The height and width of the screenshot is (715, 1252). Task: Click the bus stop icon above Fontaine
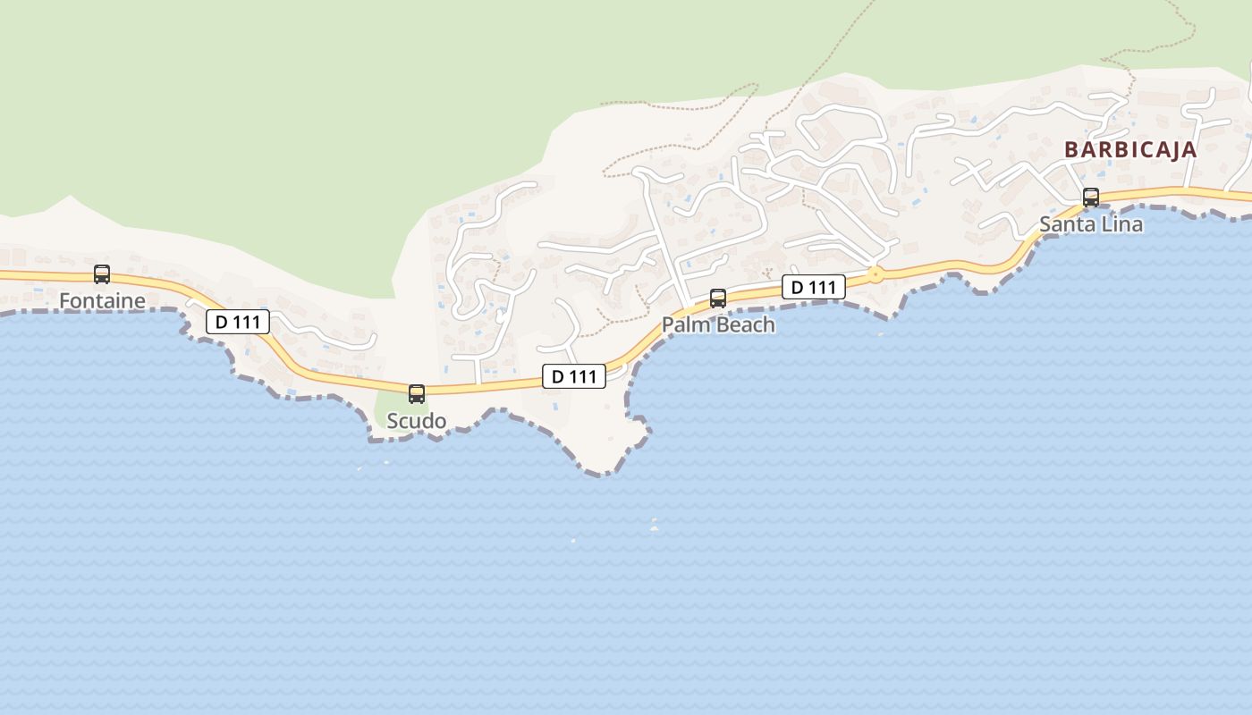click(102, 274)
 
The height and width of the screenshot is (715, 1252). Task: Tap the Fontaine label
click(102, 301)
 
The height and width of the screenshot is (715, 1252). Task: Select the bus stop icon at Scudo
click(417, 394)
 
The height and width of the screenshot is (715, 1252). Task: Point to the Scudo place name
click(417, 421)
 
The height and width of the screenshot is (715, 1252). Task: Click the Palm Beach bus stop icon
click(718, 299)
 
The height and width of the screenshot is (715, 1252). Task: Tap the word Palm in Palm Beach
click(684, 324)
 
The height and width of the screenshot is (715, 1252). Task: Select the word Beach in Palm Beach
click(742, 324)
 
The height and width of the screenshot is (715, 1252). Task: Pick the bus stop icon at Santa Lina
click(1091, 198)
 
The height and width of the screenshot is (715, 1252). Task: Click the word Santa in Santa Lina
click(1067, 224)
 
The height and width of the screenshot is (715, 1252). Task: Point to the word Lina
click(1121, 224)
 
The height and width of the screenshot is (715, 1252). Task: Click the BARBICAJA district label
click(1130, 149)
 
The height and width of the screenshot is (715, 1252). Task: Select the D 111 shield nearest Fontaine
click(238, 322)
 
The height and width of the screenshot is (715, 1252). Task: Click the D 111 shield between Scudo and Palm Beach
click(574, 376)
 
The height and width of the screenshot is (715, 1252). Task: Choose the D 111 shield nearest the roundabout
click(814, 287)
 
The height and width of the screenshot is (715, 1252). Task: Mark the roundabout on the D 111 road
click(876, 275)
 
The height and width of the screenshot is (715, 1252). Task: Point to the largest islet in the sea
click(654, 528)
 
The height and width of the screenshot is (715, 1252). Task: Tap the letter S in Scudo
click(393, 421)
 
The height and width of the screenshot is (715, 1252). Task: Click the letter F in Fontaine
click(64, 301)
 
